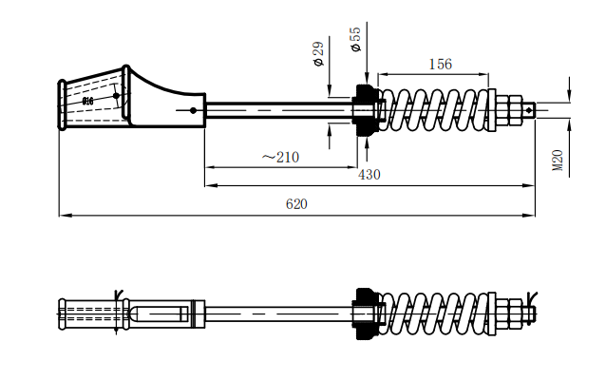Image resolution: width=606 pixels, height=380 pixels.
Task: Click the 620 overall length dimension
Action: pos(296,204)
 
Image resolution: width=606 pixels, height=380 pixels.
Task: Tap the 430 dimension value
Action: pos(369,175)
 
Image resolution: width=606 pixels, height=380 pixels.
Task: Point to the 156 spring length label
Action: pos(440,65)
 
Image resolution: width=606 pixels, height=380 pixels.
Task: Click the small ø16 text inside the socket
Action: pos(87,100)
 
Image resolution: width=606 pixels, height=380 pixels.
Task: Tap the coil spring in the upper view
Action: pos(437,110)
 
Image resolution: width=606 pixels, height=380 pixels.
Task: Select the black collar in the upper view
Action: pos(363,110)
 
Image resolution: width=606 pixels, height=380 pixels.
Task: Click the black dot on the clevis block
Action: pos(193,110)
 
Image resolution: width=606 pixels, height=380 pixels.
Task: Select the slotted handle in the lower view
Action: pos(157,313)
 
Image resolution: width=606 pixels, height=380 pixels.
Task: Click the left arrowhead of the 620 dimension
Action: pos(63,216)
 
